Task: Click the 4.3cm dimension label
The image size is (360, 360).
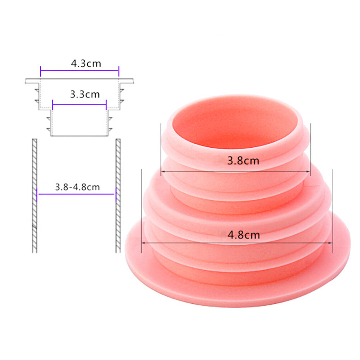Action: pos(86,64)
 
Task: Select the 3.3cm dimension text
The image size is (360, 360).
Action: pos(85,94)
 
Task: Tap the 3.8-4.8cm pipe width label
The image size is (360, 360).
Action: pos(77,187)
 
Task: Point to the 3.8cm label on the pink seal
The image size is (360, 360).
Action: pos(243,161)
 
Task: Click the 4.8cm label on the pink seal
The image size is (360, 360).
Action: pos(244,235)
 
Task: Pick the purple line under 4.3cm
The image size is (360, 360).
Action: pos(80,70)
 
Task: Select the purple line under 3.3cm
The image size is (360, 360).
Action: pos(79,105)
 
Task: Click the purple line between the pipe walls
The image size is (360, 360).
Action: pos(76,194)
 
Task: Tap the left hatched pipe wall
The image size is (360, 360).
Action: pos(34,195)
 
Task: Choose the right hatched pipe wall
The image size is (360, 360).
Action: pos(118,195)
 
